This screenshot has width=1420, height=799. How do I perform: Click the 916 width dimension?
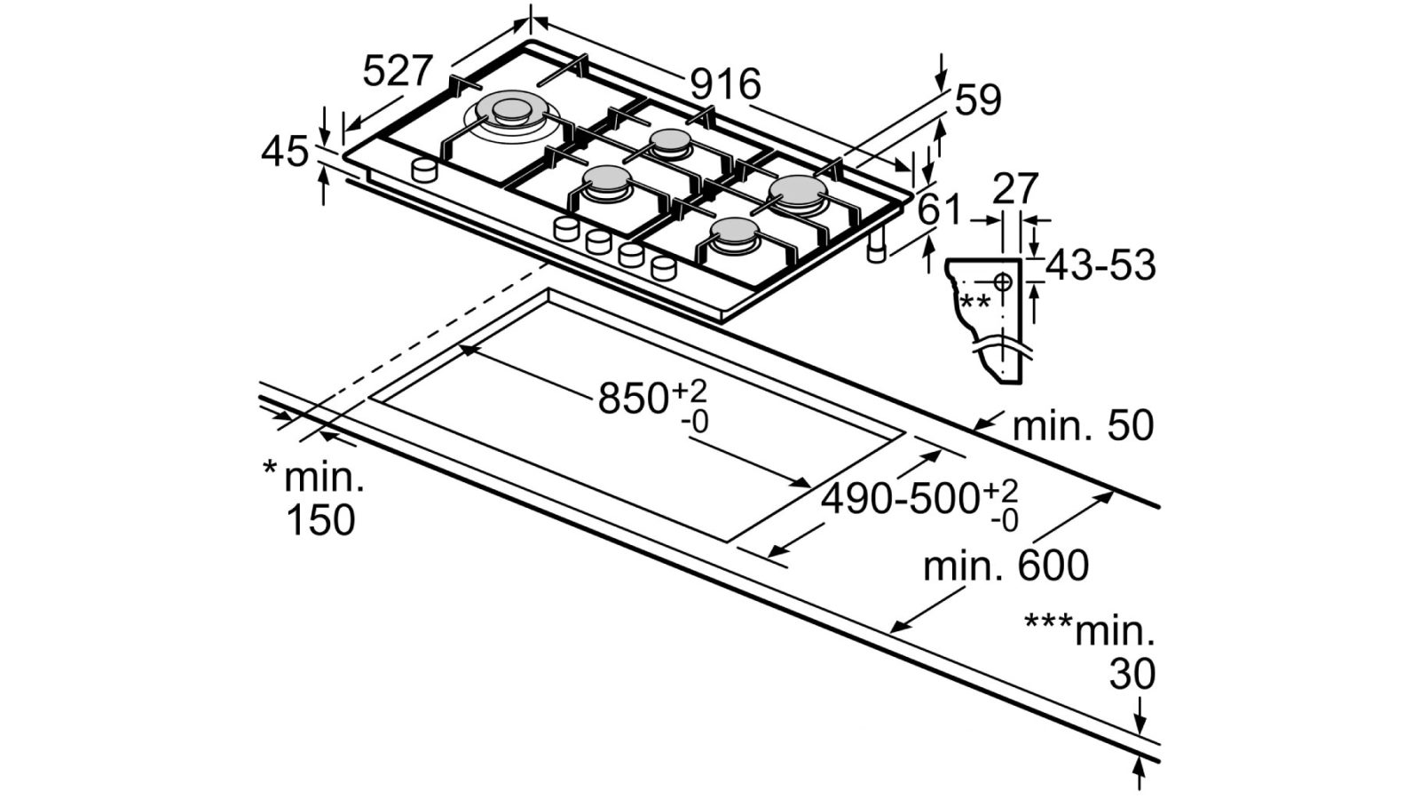coord(725,84)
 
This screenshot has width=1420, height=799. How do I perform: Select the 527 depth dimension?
coord(398,70)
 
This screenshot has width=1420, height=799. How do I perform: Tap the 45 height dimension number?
coord(285,152)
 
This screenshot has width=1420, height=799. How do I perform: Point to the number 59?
coord(978,100)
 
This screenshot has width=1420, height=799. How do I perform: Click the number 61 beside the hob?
coord(940,210)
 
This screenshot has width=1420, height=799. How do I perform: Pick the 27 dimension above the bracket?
coord(1015,188)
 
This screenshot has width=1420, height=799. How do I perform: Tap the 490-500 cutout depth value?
coord(902,498)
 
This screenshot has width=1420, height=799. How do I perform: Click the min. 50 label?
coord(1084,426)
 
